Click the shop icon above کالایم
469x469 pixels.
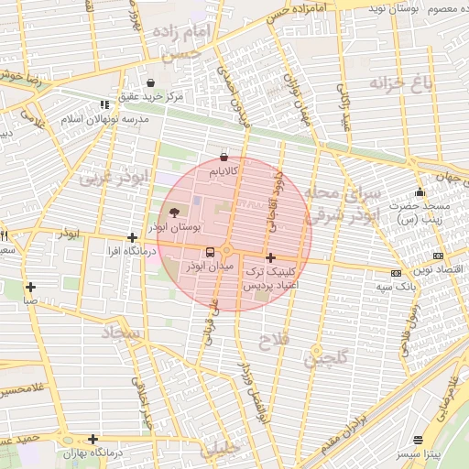tap(224, 157)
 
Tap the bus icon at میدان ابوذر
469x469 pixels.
tap(211, 252)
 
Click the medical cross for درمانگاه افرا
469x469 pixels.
tap(133, 237)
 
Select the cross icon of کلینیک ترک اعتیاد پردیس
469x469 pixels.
tap(270, 258)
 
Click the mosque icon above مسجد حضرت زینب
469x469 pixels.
tap(420, 192)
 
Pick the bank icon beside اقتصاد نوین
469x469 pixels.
tap(438, 255)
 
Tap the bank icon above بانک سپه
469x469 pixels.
tap(396, 273)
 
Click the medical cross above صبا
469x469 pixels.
tap(31, 287)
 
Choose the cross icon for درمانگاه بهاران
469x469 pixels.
tap(93, 440)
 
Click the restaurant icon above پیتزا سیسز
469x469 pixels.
tap(419, 441)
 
